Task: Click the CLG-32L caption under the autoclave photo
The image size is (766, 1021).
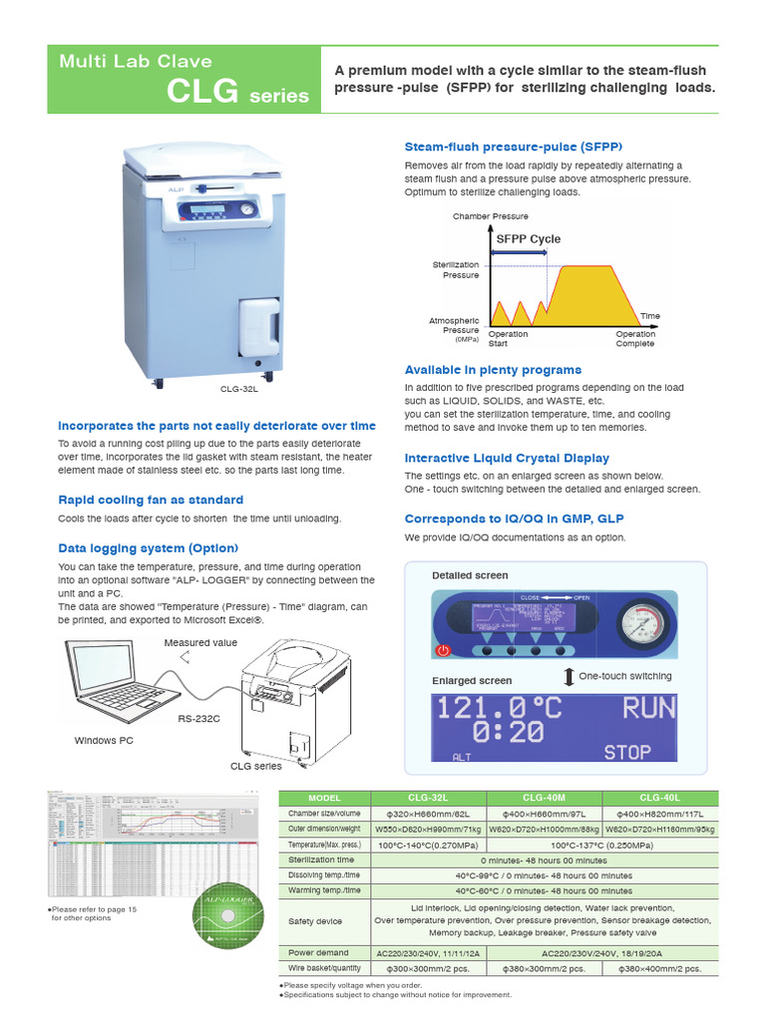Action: pos(239,390)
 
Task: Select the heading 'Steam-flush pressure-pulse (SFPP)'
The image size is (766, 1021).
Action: pos(513,146)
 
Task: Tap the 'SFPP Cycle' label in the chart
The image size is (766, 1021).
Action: pos(529,239)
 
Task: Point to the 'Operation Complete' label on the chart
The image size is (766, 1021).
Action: pos(635,339)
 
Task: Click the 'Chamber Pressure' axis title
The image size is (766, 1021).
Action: pos(490,216)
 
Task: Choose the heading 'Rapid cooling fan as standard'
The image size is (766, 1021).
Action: pos(151,500)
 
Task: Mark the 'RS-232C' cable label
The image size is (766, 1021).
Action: pos(199,718)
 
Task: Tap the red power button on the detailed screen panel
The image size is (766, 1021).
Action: pos(444,650)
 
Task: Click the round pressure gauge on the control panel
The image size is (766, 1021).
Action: pos(639,626)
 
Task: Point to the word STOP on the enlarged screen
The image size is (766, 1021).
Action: pos(627,752)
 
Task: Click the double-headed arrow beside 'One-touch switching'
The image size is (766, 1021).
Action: pos(568,677)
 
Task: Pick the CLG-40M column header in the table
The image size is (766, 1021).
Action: pos(543,799)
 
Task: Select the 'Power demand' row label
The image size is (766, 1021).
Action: pos(318,953)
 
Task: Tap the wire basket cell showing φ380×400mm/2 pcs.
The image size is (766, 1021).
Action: pos(660,968)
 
